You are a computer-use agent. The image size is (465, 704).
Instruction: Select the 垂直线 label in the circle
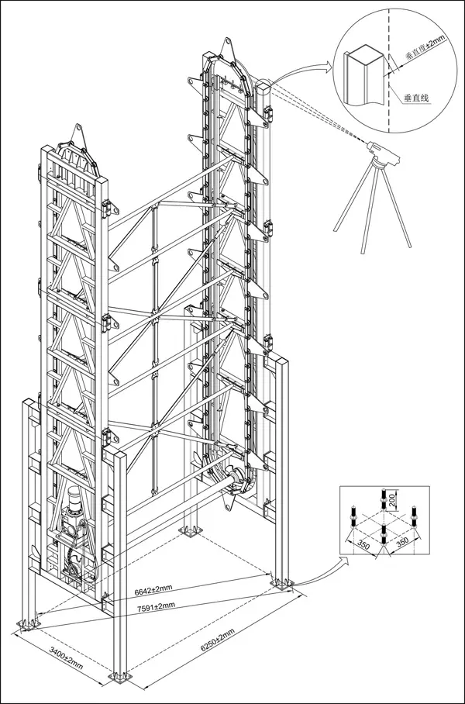(x=417, y=98)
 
